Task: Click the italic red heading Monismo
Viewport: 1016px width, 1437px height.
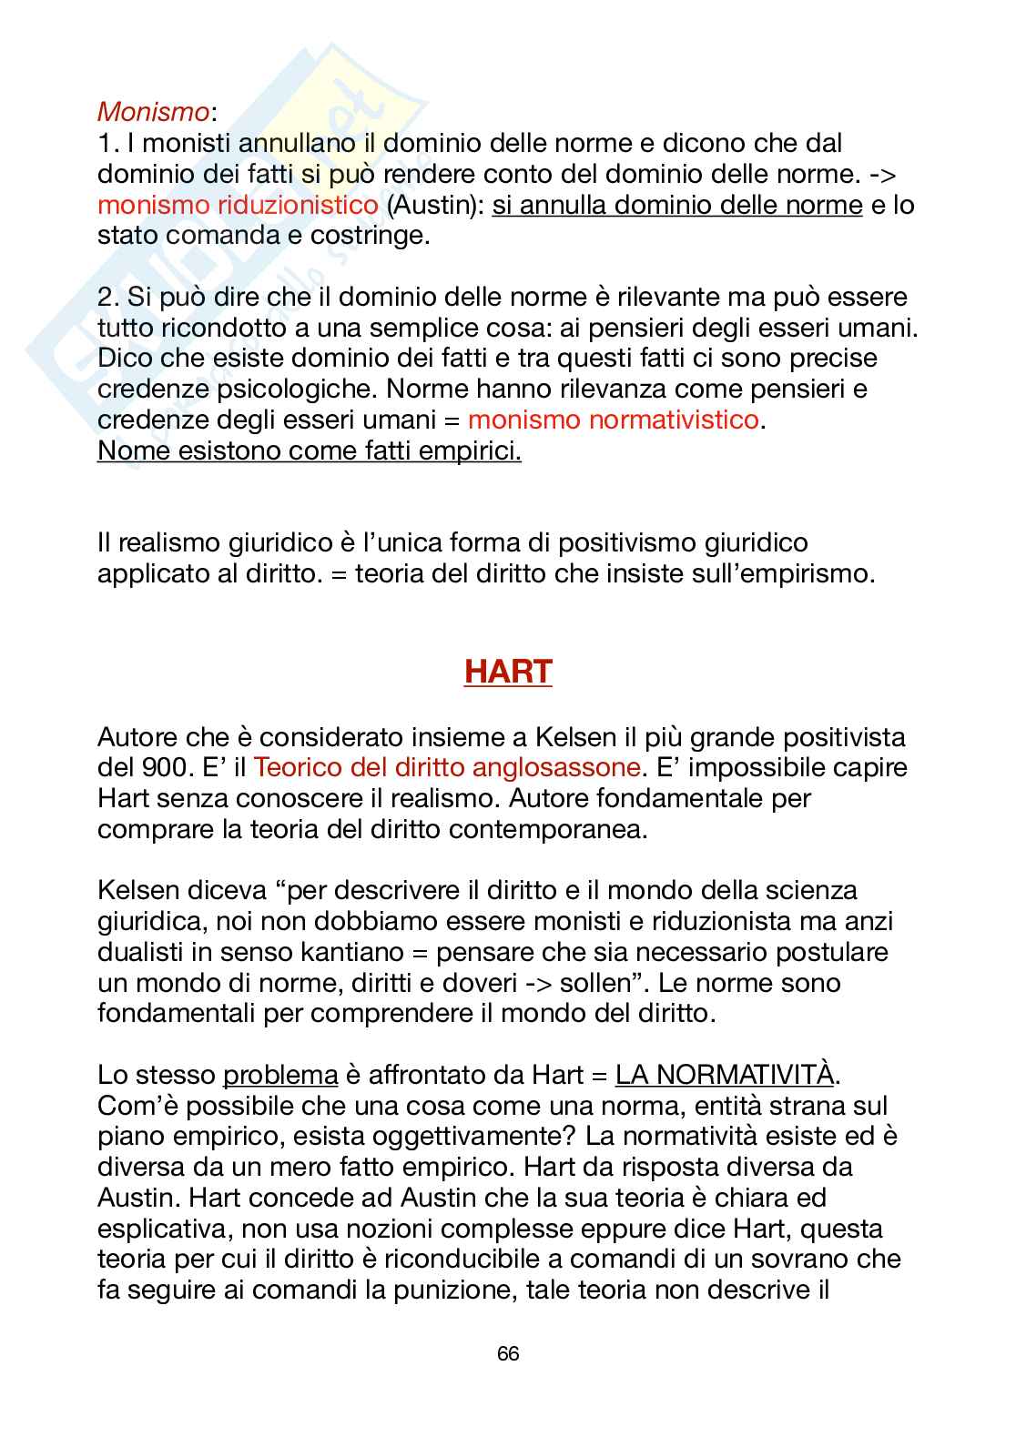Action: coord(153,112)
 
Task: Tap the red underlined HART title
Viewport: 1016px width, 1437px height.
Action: coord(508,672)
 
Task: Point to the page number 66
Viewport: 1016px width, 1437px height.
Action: coord(508,1354)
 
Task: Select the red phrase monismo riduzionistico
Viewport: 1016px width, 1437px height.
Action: coord(238,205)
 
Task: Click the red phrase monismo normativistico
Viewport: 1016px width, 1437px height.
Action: coord(612,420)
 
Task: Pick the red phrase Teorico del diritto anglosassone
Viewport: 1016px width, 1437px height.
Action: coord(446,767)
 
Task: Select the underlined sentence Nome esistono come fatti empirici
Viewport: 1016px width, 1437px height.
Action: coord(310,450)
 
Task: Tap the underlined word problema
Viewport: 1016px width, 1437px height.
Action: coord(280,1075)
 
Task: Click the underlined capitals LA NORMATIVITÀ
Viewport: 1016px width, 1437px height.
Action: coord(725,1075)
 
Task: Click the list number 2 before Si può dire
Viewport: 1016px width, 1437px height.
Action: coord(105,297)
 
